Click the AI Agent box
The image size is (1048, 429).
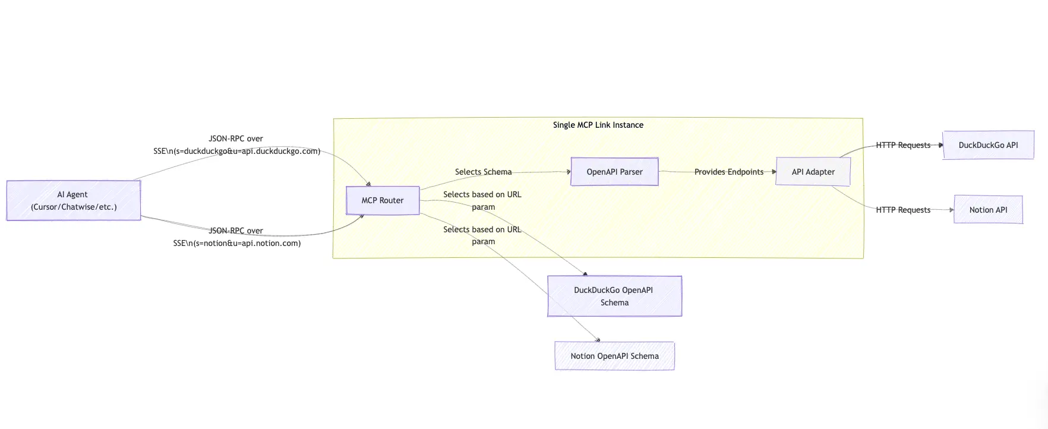click(73, 200)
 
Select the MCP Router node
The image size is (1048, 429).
click(383, 200)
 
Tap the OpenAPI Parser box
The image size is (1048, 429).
click(614, 172)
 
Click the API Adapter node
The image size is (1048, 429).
click(813, 172)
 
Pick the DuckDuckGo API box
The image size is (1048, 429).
click(988, 145)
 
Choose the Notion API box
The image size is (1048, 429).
click(988, 210)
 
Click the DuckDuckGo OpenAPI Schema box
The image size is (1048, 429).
click(614, 296)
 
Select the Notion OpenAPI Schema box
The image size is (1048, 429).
click(614, 356)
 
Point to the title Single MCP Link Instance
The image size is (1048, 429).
click(598, 125)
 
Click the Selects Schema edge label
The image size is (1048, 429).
click(483, 172)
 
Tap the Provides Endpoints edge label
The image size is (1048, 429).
click(728, 172)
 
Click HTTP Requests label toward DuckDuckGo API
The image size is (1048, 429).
click(902, 145)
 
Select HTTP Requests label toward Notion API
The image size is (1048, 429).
click(902, 210)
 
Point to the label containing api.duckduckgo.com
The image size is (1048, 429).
click(236, 151)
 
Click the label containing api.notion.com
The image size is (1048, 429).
click(236, 243)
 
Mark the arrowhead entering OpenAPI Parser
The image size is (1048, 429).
click(569, 172)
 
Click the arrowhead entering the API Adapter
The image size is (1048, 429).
click(774, 172)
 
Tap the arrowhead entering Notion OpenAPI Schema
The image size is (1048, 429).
click(598, 340)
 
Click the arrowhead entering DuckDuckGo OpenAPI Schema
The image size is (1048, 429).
click(585, 274)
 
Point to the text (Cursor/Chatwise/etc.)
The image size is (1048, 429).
click(74, 207)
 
